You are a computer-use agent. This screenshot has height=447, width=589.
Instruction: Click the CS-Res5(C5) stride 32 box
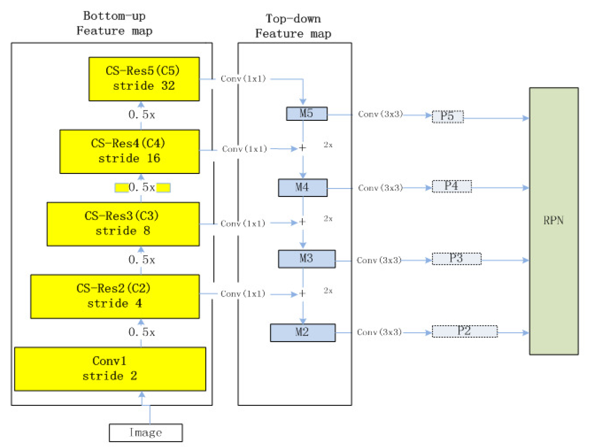click(144, 79)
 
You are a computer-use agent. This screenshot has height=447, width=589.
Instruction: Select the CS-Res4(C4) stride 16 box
click(129, 151)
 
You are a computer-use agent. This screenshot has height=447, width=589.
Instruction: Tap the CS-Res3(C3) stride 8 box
click(123, 224)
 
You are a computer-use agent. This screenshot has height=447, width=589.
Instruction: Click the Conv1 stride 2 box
click(110, 369)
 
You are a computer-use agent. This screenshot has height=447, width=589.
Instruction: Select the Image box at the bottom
click(146, 433)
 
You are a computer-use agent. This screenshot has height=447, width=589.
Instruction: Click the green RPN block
click(554, 221)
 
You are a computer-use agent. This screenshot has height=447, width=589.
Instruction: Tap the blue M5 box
click(306, 114)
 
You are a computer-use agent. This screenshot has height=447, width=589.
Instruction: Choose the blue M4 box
click(302, 188)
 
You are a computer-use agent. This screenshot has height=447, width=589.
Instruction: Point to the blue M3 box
click(306, 259)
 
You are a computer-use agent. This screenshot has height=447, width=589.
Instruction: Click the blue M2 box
click(302, 333)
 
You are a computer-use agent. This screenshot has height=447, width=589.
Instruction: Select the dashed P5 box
click(448, 117)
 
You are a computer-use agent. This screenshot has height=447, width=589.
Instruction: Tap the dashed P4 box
click(452, 186)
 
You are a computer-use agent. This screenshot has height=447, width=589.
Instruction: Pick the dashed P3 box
click(456, 259)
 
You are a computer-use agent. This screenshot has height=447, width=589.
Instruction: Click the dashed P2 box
click(464, 331)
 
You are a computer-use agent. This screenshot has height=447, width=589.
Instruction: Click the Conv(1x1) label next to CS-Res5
click(243, 79)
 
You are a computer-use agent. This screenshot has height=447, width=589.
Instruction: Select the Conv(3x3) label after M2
click(379, 332)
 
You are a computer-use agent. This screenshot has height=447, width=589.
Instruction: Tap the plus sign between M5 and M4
click(302, 148)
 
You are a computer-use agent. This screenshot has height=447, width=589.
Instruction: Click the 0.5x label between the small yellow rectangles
click(142, 188)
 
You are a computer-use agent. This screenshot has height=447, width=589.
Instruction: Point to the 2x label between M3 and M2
click(328, 291)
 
